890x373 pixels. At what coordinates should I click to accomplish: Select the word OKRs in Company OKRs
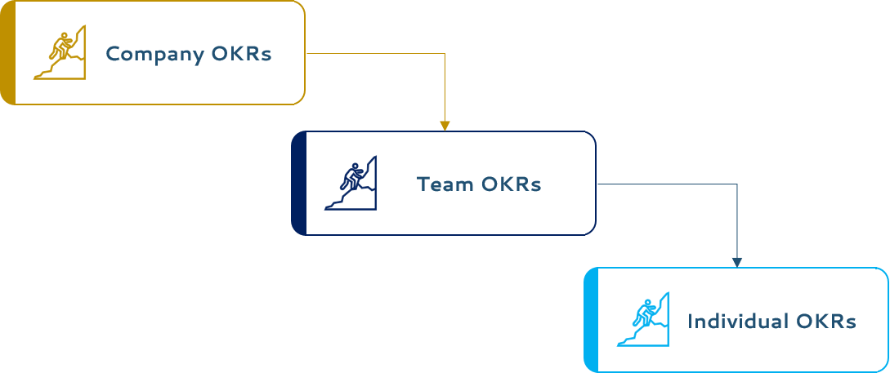241,55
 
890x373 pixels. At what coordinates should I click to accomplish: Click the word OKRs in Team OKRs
512,184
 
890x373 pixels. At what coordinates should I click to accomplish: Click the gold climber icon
60,53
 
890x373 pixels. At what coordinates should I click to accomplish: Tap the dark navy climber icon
351,183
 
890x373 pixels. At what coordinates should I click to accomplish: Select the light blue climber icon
643,319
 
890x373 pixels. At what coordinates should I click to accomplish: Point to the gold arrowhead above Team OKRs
445,126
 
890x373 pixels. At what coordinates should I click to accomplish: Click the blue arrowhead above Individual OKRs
737,262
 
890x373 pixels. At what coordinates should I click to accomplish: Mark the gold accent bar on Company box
7,53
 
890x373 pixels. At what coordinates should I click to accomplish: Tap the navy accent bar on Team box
298,183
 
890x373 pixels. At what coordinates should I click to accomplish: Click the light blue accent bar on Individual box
591,319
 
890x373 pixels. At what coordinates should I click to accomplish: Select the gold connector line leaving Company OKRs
376,54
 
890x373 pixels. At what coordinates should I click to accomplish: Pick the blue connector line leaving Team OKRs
666,184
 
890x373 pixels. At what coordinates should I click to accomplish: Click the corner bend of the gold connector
445,54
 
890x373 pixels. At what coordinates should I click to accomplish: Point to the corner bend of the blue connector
737,184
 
